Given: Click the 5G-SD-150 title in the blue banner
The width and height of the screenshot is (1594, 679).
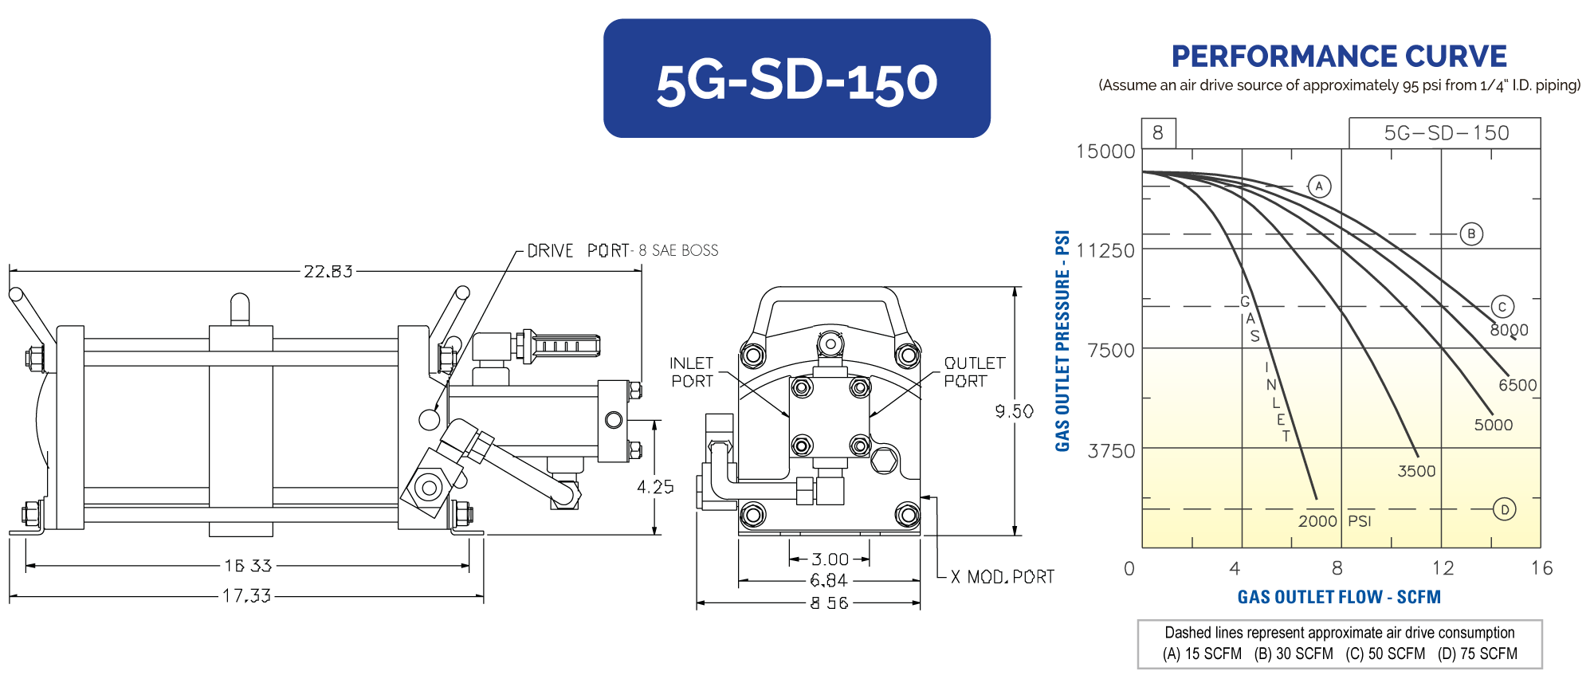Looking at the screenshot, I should [796, 81].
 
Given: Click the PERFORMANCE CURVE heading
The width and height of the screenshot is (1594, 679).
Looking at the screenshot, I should [1339, 57].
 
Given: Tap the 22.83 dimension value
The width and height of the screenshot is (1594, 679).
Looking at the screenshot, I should [328, 272].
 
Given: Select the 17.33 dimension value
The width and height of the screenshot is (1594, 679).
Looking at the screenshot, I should [247, 596].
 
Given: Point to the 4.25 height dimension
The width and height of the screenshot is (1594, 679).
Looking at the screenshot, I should [655, 487].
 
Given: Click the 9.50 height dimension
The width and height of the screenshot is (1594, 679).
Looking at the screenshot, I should [1014, 411].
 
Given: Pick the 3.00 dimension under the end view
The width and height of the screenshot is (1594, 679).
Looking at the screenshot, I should [830, 559].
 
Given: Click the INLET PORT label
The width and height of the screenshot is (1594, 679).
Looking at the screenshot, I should [692, 372].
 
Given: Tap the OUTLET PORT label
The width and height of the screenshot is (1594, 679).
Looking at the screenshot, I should [974, 372].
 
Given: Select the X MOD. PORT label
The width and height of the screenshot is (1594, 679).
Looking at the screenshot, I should [1003, 577].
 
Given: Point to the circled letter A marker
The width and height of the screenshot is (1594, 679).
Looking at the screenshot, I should [1319, 186].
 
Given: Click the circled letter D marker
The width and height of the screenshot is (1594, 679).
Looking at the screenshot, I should [1504, 509].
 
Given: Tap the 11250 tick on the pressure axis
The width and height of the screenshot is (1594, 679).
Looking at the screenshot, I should [1105, 251].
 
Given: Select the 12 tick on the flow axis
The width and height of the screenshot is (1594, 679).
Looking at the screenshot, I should [1443, 568].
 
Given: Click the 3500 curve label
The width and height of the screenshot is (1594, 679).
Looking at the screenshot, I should [1416, 471].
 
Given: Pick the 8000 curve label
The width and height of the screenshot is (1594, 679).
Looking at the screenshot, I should [1509, 330].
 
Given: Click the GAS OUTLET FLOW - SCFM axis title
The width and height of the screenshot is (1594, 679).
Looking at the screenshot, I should [1339, 597].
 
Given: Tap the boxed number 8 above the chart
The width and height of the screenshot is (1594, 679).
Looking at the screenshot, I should [1158, 133].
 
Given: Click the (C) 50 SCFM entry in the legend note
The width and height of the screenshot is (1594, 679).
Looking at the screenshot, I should [1385, 653].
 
